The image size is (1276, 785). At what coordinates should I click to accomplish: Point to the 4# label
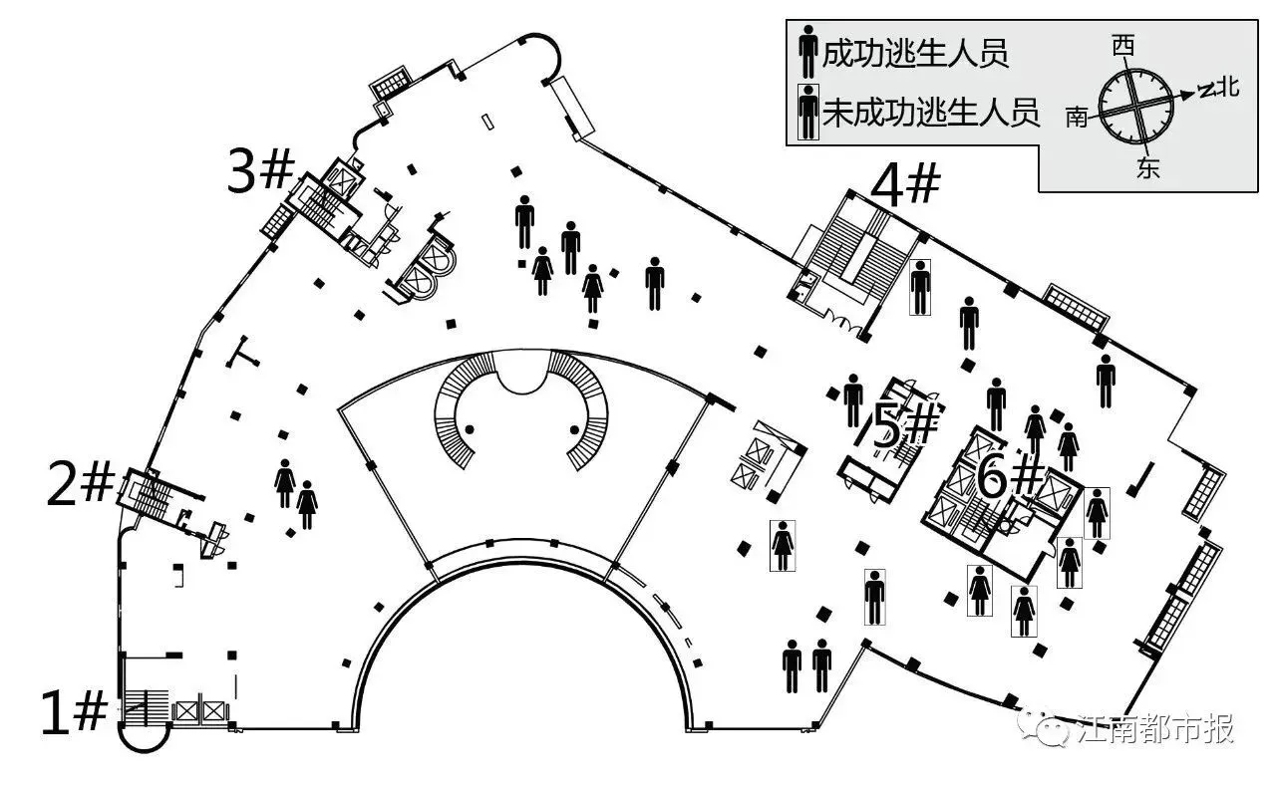(905, 184)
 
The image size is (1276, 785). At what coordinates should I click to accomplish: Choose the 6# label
(1010, 479)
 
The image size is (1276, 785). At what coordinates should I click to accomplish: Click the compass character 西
(1124, 45)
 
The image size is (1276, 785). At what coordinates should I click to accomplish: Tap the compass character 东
(1147, 168)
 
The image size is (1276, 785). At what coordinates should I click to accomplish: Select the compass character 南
(1077, 118)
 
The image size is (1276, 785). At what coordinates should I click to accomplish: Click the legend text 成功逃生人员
(915, 53)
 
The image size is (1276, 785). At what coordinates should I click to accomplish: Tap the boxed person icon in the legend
(807, 113)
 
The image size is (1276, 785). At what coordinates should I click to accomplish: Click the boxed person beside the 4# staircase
(920, 287)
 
